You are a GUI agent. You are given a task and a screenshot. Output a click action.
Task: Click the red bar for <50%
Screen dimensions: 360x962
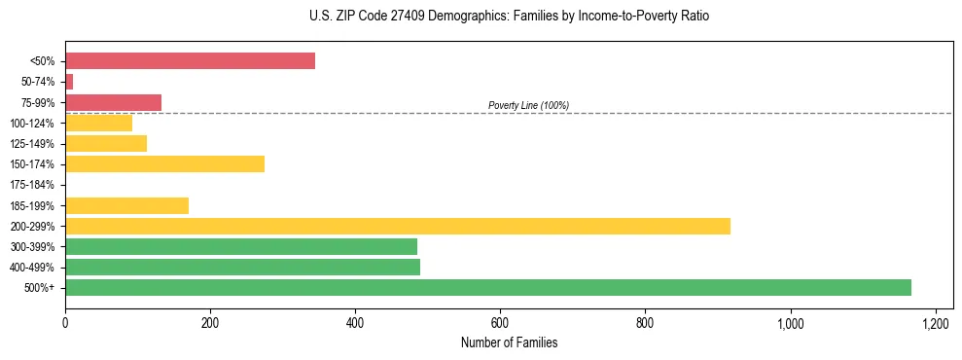coord(190,61)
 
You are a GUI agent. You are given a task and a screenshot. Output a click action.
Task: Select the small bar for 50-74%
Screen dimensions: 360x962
coord(69,82)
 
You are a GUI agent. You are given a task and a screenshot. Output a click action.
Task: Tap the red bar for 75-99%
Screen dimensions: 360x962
coord(113,102)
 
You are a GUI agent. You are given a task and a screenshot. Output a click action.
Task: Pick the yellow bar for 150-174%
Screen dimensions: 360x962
coord(164,164)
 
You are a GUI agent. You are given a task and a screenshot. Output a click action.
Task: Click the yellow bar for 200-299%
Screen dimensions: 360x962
coord(397,226)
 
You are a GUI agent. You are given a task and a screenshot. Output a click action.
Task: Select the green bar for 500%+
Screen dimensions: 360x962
coord(487,287)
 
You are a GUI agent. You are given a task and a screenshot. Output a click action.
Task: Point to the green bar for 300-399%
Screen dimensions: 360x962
coord(240,246)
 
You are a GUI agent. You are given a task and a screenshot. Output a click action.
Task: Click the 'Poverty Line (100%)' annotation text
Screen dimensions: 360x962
coord(528,105)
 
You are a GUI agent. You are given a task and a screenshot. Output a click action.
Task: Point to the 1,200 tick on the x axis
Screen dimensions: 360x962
coord(935,323)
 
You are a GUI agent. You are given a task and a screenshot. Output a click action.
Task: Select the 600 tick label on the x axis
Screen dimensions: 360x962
coord(500,323)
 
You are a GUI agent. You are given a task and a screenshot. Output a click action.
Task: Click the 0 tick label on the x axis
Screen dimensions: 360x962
coord(65,323)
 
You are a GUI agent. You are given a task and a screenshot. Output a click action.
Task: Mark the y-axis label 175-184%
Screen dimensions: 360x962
coord(32,185)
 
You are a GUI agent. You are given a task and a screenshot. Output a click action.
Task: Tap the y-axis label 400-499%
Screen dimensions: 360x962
coord(32,268)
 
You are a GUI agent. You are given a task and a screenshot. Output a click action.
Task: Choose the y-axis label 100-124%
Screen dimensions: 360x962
coord(32,124)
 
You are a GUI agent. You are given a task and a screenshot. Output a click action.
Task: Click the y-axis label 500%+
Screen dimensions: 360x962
coord(39,288)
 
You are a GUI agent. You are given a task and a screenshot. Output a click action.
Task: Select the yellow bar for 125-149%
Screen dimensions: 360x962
coord(106,144)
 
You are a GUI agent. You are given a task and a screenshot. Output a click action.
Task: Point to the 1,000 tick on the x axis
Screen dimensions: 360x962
coord(790,323)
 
